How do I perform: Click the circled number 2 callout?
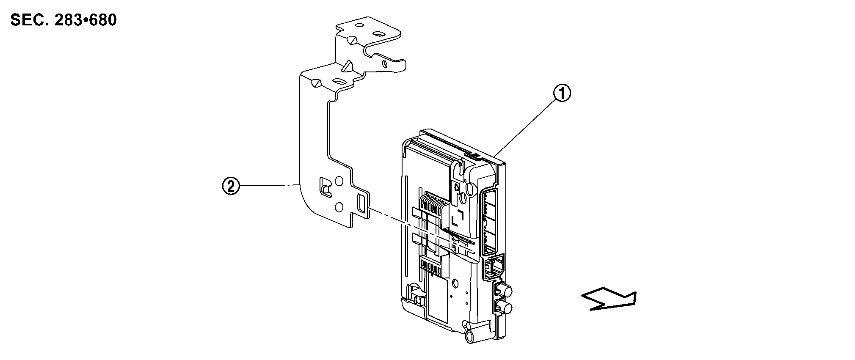coord(231,186)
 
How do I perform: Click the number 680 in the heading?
coord(103,20)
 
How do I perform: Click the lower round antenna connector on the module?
coord(504,308)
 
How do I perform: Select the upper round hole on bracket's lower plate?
coord(339,182)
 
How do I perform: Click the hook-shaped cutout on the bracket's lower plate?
coord(325,187)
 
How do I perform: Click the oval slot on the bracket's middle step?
coord(339,81)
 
